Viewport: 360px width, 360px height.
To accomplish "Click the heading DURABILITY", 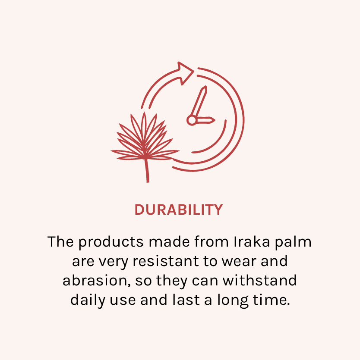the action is point(179,210).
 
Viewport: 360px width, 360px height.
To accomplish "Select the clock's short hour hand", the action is point(205,120).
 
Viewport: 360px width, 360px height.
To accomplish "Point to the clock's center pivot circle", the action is point(192,120).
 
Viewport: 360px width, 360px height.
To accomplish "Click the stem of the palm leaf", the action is point(147,170).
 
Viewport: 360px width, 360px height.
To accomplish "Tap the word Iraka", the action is point(252,242).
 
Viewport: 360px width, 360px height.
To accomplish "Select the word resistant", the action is point(166,261).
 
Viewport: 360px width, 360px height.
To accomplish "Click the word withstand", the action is point(259,281).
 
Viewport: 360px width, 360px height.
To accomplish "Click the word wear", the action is point(239,262).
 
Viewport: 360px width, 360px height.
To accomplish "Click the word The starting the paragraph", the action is point(61,242).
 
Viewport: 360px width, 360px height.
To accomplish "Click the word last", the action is point(186,300).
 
